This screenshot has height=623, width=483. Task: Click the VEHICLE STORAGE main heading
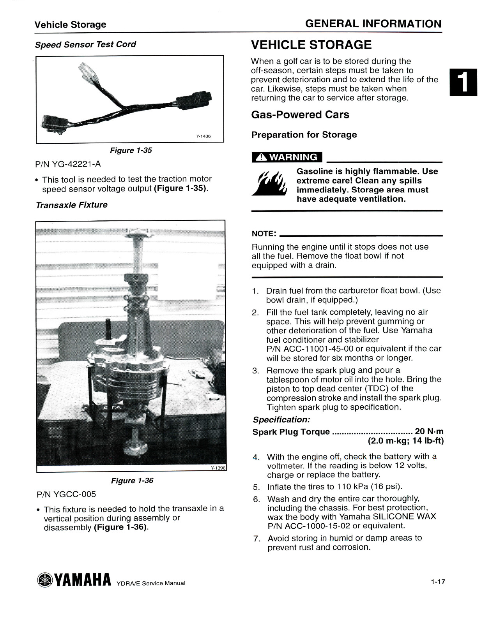click(x=311, y=45)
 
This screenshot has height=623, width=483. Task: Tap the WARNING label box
click(x=287, y=157)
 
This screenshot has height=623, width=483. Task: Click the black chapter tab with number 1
click(x=463, y=82)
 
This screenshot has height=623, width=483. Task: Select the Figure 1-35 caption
click(x=131, y=150)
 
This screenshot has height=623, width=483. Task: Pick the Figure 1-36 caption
click(x=132, y=480)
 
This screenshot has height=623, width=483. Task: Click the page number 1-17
click(x=438, y=582)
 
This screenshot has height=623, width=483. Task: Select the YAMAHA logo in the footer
click(x=74, y=580)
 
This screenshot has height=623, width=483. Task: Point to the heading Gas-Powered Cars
click(x=300, y=114)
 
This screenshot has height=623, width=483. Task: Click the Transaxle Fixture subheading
click(x=71, y=205)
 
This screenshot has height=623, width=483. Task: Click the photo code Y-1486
click(x=203, y=136)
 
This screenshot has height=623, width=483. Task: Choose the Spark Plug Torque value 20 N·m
click(x=429, y=431)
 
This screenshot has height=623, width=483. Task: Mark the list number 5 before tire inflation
click(x=256, y=487)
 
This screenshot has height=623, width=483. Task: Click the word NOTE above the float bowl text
click(x=264, y=234)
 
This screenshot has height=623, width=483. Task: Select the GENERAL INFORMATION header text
click(x=373, y=24)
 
